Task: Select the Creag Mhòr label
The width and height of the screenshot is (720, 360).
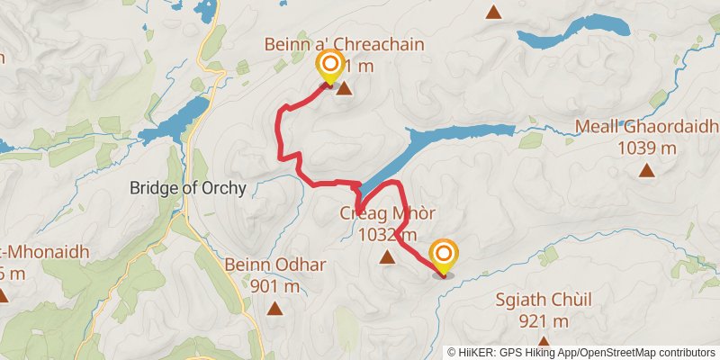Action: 388,215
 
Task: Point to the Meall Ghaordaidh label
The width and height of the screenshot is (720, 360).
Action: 645,129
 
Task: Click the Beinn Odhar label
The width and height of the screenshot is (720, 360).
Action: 274,265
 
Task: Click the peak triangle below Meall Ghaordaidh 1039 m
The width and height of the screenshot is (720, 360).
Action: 645,169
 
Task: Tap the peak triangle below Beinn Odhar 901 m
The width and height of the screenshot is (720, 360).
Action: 274,309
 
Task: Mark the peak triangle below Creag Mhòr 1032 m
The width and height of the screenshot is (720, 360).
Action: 387,258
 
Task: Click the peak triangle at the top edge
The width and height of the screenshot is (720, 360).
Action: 493,12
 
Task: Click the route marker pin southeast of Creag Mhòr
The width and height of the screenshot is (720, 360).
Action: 443,256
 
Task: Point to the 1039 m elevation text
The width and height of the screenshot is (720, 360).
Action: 646,148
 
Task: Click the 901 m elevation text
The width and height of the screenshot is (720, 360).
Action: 275,287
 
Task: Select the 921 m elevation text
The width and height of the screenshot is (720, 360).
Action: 545,321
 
